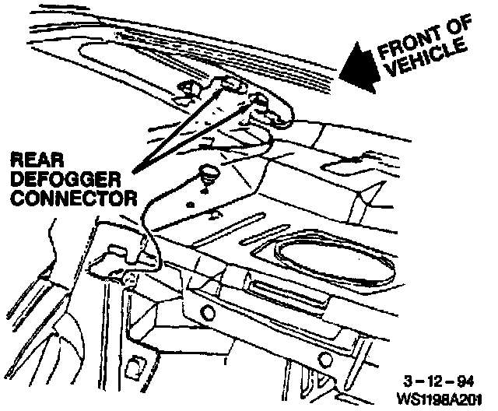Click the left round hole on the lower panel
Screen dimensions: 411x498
(209, 313)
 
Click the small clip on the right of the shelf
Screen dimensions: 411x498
(347, 163)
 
